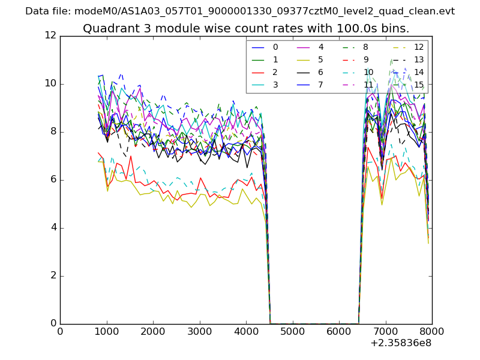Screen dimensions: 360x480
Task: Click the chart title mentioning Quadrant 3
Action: (246, 28)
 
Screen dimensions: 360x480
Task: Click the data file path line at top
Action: (240, 11)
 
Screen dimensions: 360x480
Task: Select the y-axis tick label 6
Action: (53, 179)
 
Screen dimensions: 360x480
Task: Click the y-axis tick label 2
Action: (53, 275)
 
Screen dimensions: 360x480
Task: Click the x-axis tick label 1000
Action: (106, 331)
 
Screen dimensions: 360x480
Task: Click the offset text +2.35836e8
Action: (400, 343)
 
